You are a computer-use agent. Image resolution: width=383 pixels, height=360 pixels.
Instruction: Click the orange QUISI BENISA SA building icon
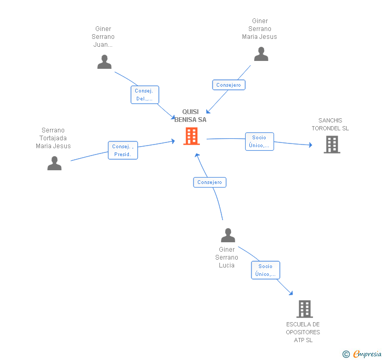pyautogui.click(x=191, y=136)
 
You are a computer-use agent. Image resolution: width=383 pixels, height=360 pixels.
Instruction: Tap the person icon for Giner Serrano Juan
pyautogui.click(x=105, y=62)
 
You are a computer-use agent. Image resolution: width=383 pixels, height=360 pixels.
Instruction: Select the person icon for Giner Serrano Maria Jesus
pyautogui.click(x=261, y=54)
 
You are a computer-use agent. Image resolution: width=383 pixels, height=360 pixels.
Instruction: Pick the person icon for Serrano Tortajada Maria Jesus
pyautogui.click(x=54, y=163)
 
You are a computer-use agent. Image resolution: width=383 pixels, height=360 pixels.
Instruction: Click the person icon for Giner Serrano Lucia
pyautogui.click(x=228, y=235)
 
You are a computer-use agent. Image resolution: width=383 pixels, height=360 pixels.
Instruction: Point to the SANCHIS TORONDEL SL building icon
pyautogui.click(x=331, y=145)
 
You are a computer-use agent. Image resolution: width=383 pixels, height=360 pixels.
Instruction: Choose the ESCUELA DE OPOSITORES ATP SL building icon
pyautogui.click(x=305, y=309)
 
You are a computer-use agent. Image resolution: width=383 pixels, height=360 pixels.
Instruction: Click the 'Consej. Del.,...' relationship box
pyautogui.click(x=145, y=95)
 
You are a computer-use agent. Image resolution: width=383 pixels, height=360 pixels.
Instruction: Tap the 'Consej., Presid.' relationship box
pyautogui.click(x=123, y=151)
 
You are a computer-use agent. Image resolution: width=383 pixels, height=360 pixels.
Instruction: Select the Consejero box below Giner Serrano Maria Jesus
pyautogui.click(x=229, y=85)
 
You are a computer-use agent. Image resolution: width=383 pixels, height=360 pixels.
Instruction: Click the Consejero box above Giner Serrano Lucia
pyautogui.click(x=210, y=182)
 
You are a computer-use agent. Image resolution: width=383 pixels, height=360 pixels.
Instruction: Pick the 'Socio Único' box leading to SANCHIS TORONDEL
pyautogui.click(x=259, y=141)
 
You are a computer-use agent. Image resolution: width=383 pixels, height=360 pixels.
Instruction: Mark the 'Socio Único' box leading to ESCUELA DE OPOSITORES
pyautogui.click(x=266, y=270)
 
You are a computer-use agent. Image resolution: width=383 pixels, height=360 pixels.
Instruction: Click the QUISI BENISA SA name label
pyautogui.click(x=190, y=116)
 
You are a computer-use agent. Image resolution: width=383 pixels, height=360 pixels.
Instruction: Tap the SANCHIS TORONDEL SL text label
pyautogui.click(x=330, y=125)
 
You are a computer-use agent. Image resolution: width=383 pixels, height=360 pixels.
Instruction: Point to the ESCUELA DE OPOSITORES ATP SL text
pyautogui.click(x=303, y=332)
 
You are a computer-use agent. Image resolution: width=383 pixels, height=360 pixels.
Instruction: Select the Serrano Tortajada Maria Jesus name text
pyautogui.click(x=53, y=138)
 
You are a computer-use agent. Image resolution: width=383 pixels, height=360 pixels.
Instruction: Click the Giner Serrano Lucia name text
pyautogui.click(x=227, y=258)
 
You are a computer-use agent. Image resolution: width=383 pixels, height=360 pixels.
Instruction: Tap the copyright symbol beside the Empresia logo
pyautogui.click(x=346, y=354)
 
